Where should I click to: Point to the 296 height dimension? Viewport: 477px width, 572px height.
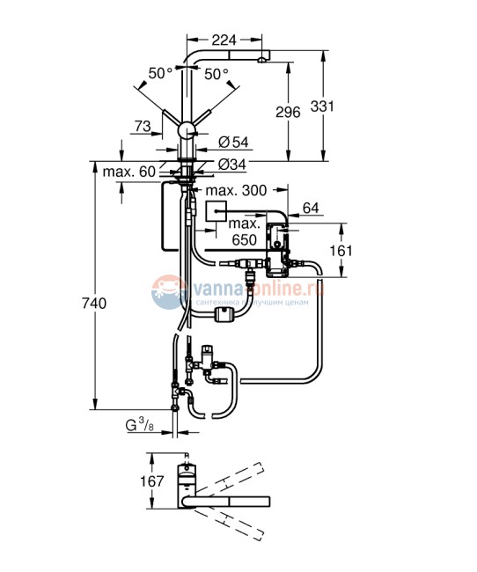coord(288,112)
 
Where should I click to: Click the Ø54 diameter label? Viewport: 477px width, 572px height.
coord(231,143)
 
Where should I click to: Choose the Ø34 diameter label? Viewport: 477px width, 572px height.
coord(231,163)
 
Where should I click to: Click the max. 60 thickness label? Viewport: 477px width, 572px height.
coord(128,171)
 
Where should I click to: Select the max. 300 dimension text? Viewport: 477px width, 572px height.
coord(236,190)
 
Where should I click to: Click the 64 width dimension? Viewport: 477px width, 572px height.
coord(311,207)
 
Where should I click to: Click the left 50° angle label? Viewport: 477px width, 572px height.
coord(160,74)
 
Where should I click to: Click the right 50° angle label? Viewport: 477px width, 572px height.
coord(216,74)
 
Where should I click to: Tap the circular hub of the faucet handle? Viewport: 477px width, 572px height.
coord(186,129)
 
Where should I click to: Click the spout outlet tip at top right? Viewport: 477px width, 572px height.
coord(262,57)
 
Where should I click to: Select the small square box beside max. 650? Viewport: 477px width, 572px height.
coord(216,210)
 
